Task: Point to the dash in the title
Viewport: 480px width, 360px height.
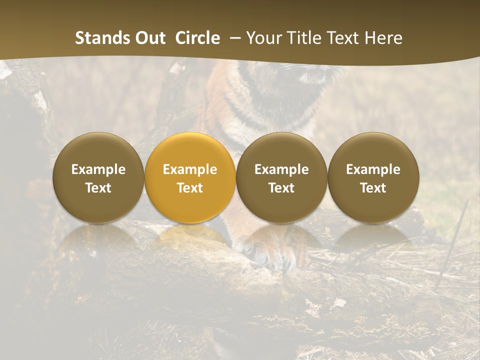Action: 232,38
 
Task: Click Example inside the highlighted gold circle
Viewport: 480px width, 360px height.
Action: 190,169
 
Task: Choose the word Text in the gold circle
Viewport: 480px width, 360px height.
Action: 190,188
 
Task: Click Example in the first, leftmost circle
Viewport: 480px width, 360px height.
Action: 98,169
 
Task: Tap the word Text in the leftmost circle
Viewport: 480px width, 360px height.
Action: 98,188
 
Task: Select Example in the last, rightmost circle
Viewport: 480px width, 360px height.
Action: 373,169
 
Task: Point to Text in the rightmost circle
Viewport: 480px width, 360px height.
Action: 373,188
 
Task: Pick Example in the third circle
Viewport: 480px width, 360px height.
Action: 281,169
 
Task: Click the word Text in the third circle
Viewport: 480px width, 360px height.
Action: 281,188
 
